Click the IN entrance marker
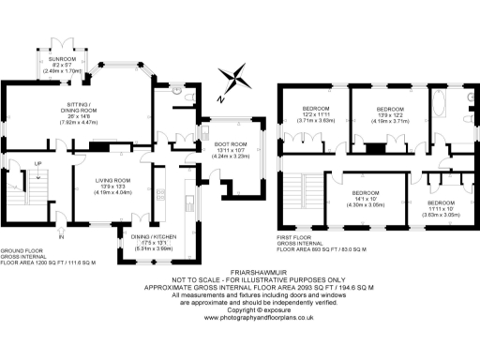click(62, 237)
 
